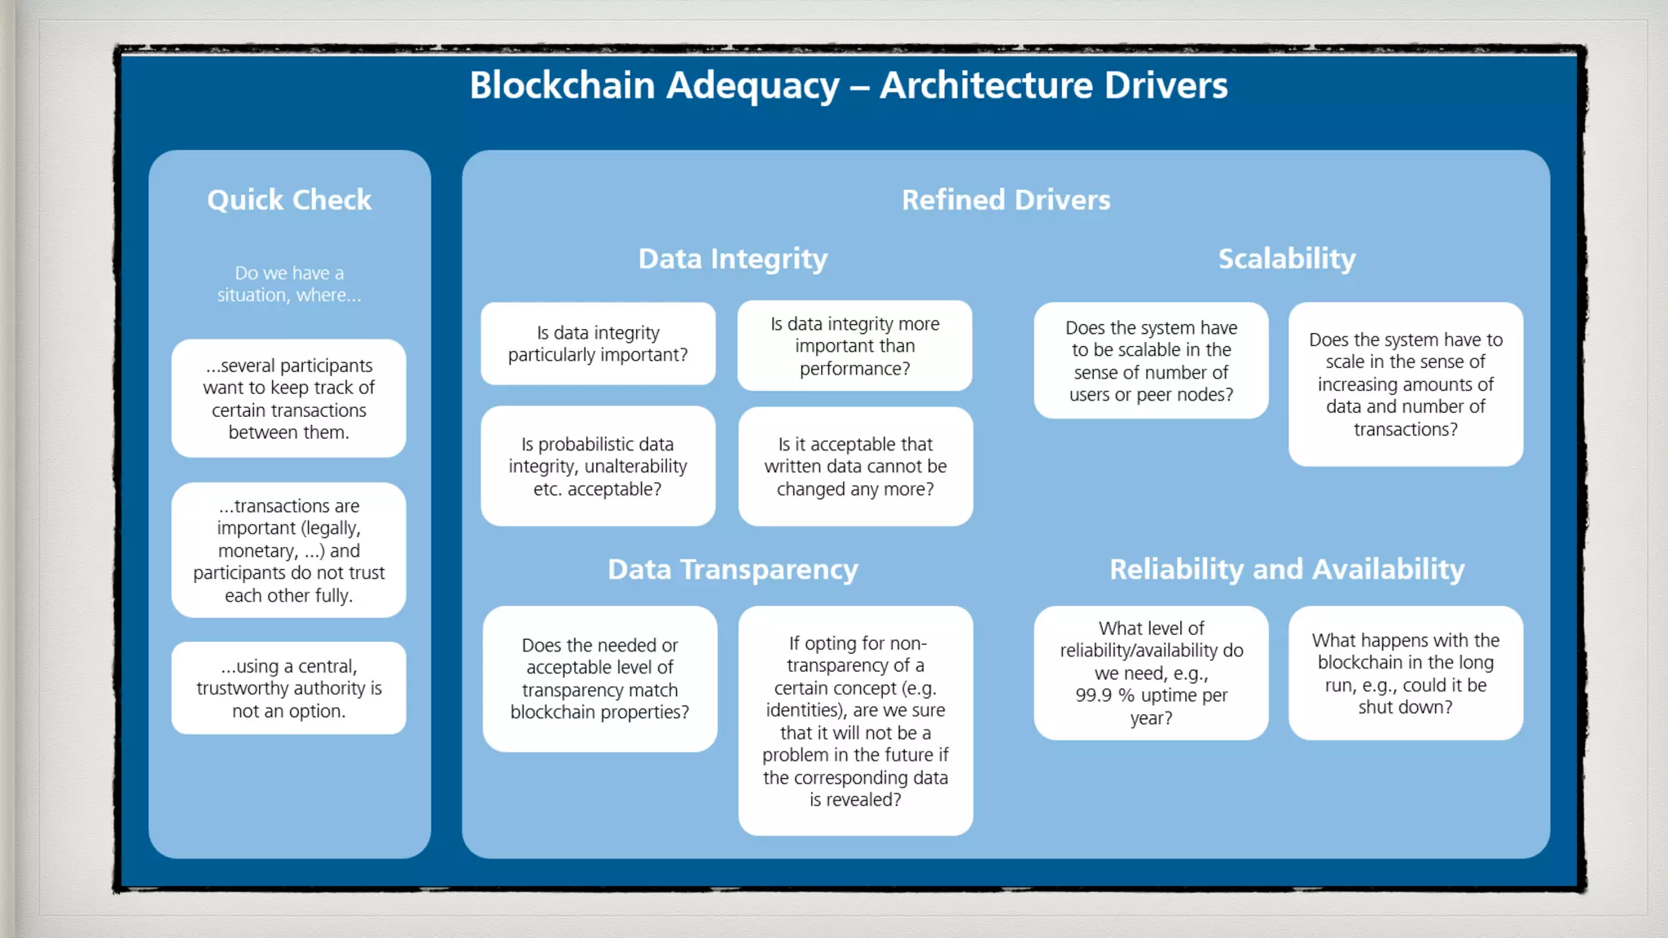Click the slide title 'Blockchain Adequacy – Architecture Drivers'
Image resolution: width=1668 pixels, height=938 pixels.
[848, 85]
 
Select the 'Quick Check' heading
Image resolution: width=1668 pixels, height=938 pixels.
[289, 200]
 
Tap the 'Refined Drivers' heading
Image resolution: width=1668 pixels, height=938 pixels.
[1006, 200]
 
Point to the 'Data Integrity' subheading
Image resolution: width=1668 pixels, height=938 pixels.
[732, 259]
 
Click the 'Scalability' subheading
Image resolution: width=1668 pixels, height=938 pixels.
[1286, 259]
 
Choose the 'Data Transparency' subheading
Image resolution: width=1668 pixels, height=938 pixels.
[732, 570]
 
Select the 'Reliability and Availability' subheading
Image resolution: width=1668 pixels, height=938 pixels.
[1286, 570]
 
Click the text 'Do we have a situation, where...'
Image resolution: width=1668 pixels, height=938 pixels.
[289, 284]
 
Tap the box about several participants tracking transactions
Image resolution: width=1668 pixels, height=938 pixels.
[289, 399]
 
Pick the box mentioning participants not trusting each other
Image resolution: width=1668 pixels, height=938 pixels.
[289, 550]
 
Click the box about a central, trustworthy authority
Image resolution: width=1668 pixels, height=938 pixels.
[289, 689]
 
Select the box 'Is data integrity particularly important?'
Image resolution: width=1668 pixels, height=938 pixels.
[598, 344]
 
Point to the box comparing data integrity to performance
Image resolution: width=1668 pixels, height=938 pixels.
[855, 346]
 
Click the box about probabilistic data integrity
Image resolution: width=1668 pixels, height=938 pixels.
[598, 467]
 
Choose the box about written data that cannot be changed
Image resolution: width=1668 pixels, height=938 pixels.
[855, 467]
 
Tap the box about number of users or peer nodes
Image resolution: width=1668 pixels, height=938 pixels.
[1151, 362]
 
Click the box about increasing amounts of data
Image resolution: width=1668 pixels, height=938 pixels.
[1406, 384]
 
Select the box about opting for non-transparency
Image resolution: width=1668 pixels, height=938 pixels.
[855, 721]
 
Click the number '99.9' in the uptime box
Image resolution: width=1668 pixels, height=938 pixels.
[1094, 696]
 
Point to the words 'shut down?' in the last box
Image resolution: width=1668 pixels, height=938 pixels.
[1405, 708]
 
